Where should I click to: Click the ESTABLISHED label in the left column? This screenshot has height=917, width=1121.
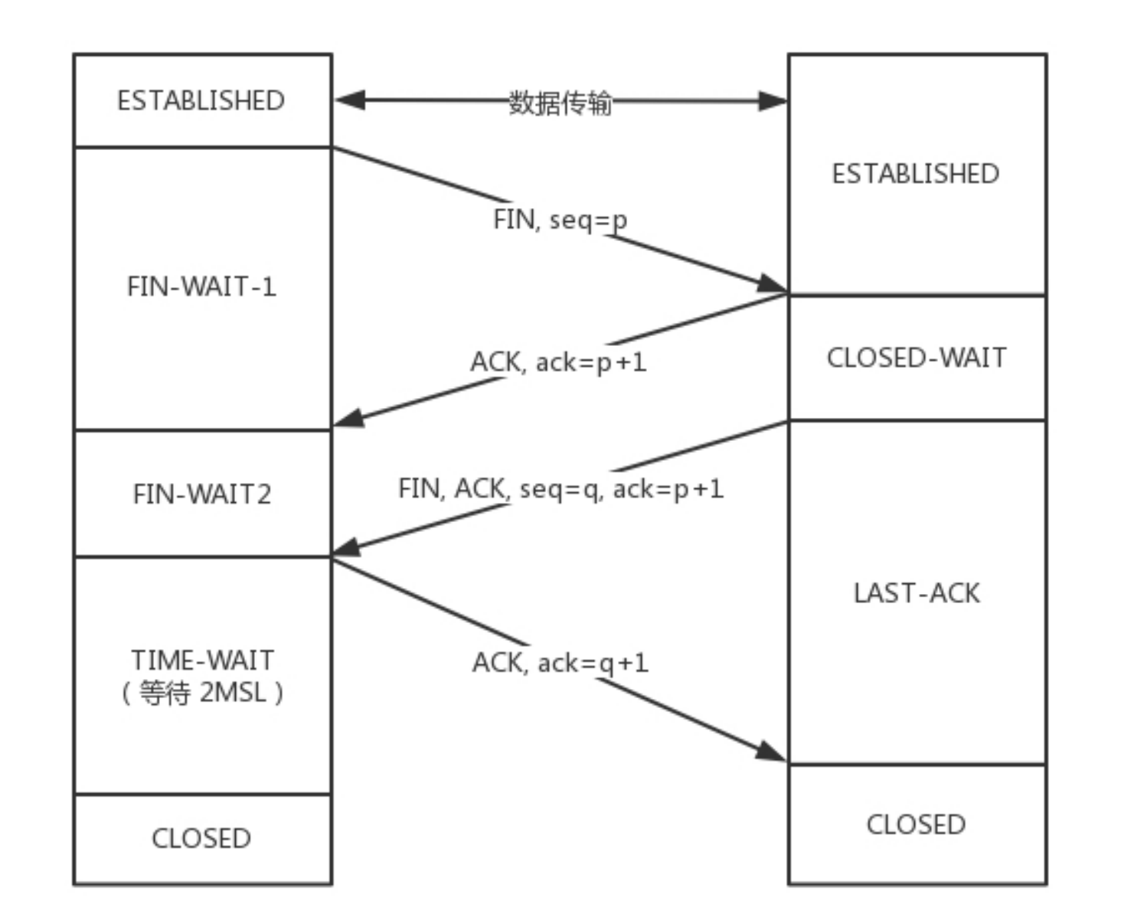pos(201,100)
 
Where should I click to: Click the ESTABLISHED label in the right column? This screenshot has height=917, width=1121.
pos(916,174)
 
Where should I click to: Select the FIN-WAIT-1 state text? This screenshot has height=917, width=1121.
pos(201,286)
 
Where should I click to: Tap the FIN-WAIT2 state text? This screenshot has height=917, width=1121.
pos(202,494)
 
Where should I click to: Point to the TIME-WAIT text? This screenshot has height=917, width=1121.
pos(202,660)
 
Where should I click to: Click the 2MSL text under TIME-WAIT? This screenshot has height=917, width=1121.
pos(233,692)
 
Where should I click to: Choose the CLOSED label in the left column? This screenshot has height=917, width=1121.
pos(201,838)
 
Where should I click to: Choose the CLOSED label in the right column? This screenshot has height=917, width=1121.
pos(916,824)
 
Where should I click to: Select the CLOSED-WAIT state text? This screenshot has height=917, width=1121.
pos(917,357)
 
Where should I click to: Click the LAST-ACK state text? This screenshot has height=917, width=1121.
pos(917,593)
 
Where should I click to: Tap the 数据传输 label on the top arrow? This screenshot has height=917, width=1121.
pos(560,103)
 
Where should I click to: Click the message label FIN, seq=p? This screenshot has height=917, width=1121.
pos(560,220)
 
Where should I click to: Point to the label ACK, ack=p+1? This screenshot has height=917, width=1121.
pos(558,361)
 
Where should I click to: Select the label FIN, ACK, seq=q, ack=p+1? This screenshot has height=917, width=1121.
pos(560,488)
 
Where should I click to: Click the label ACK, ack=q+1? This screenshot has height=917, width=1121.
pos(560,662)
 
